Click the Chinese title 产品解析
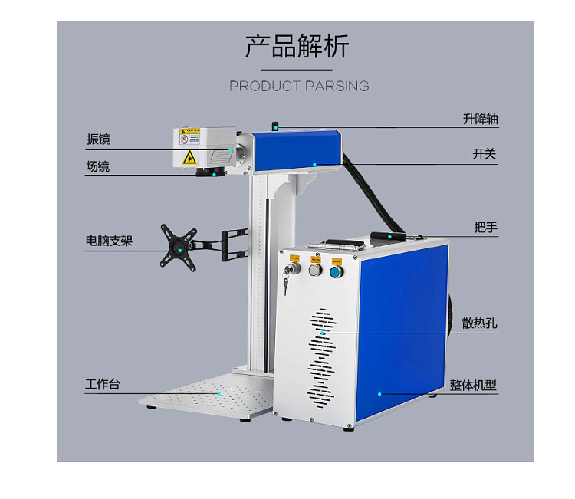[x=297, y=47]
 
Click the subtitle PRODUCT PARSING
[x=299, y=86]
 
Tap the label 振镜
[x=98, y=140]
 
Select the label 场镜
[x=98, y=166]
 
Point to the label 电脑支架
[x=109, y=241]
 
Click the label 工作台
[x=102, y=384]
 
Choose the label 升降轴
[x=481, y=120]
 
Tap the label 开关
[x=485, y=154]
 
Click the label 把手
[x=486, y=227]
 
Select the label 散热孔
[x=480, y=323]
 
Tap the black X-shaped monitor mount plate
[x=178, y=245]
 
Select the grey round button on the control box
[x=314, y=269]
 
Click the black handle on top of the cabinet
[x=389, y=235]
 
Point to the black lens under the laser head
[x=206, y=171]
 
